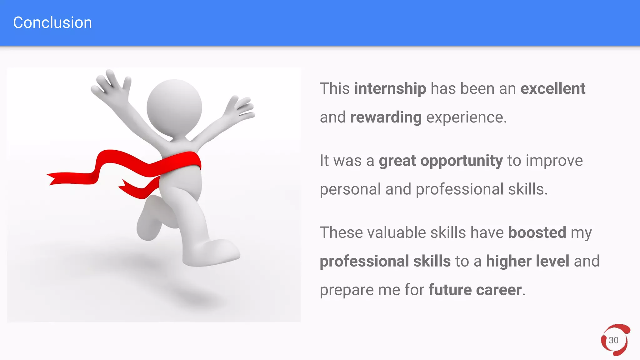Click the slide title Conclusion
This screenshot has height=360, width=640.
click(x=52, y=23)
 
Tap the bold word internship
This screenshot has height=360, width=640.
click(x=390, y=89)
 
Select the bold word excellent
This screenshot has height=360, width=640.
click(x=553, y=89)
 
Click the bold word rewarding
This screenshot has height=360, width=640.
click(x=386, y=118)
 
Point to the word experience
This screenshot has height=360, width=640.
click(x=466, y=118)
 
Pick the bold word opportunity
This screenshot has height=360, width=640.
click(x=462, y=161)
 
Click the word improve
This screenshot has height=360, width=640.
click(x=554, y=161)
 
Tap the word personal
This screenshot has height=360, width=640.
click(x=350, y=190)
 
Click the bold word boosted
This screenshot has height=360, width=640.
click(x=537, y=233)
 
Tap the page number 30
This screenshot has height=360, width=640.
click(x=613, y=340)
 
